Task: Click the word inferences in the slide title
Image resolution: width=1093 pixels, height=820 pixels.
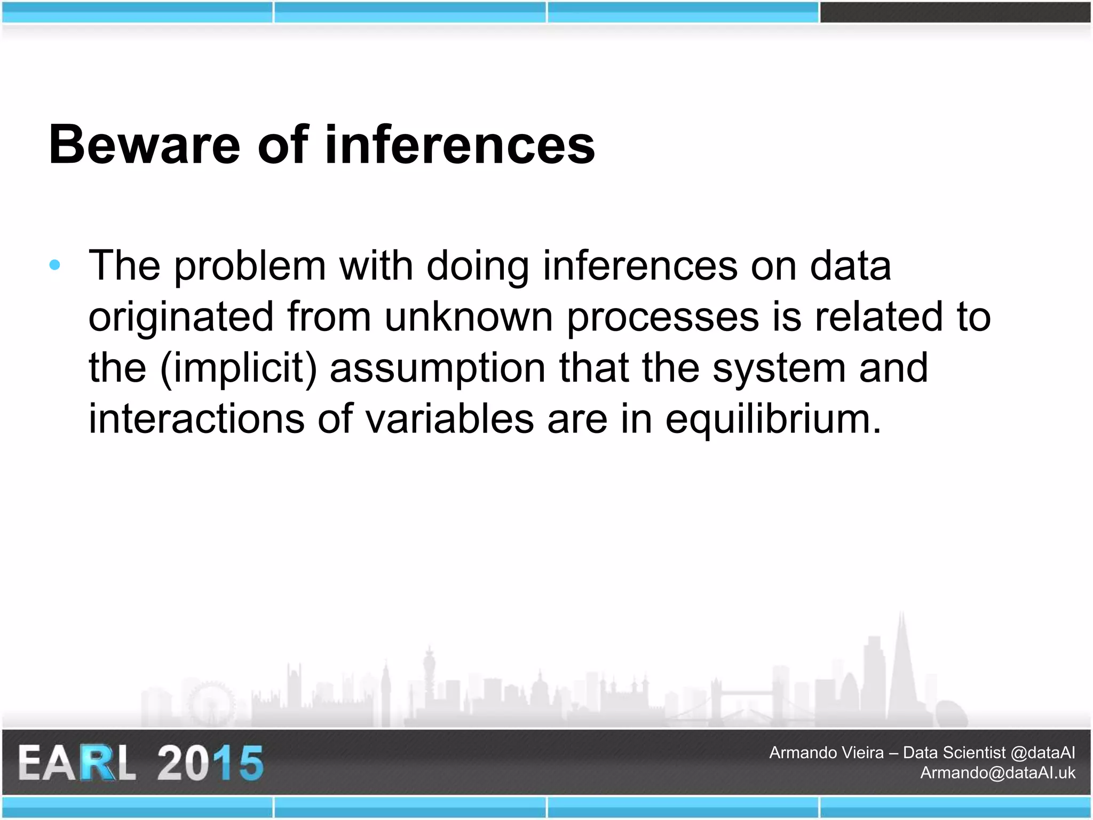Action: click(x=460, y=145)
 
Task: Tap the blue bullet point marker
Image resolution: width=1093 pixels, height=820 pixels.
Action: click(x=54, y=265)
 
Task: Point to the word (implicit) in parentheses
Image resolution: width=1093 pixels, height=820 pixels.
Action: click(x=238, y=368)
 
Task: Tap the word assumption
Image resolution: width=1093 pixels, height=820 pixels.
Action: click(x=438, y=368)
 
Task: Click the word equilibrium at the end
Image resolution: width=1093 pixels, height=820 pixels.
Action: click(x=773, y=419)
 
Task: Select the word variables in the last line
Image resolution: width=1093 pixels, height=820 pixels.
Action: click(x=449, y=419)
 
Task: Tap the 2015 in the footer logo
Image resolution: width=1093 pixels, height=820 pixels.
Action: click(x=210, y=763)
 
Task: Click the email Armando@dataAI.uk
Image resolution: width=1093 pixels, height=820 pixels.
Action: click(x=997, y=772)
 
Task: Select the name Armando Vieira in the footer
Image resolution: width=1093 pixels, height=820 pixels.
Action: click(x=826, y=753)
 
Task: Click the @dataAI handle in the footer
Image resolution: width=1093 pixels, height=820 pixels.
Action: click(x=1043, y=753)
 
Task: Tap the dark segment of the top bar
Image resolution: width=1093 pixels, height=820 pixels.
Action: click(x=955, y=12)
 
